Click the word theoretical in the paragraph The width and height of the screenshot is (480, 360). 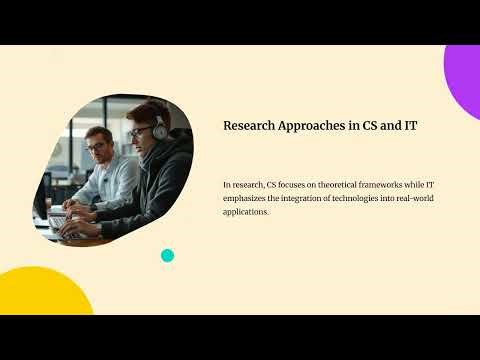[x=335, y=185]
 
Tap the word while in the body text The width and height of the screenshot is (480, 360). [x=425, y=185]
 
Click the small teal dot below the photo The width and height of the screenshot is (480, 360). [x=167, y=255]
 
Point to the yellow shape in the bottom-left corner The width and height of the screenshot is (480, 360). [x=40, y=295]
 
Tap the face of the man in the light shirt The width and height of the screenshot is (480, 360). [x=98, y=147]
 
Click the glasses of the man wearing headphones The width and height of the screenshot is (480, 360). [x=139, y=132]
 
